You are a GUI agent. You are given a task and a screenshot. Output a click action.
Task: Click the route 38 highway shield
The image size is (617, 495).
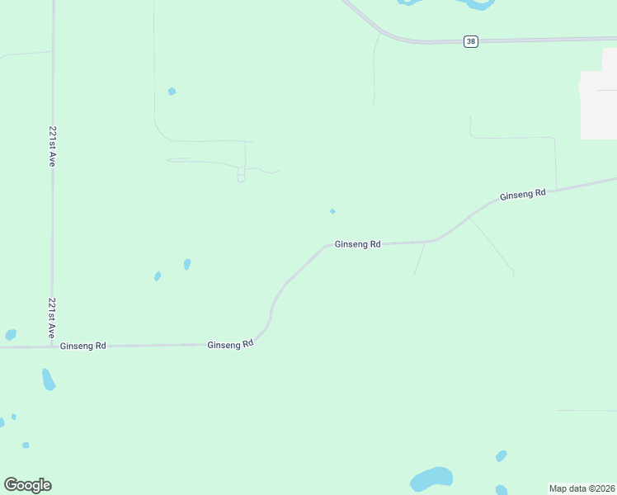[470, 41]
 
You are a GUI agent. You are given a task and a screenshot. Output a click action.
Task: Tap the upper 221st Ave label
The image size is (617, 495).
[52, 147]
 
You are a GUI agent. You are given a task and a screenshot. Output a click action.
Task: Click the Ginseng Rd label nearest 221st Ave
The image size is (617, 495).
[82, 346]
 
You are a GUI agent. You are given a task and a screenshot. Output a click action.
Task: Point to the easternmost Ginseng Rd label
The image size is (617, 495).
[523, 194]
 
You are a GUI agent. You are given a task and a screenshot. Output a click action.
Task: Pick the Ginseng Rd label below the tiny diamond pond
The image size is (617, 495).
[357, 244]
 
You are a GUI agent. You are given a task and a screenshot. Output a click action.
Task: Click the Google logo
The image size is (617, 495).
[27, 485]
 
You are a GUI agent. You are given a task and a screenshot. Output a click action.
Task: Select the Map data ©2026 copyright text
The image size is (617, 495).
[582, 488]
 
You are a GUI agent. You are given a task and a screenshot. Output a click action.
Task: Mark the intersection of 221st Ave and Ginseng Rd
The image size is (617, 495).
[53, 346]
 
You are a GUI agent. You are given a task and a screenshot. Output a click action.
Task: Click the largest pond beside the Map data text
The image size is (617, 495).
[431, 478]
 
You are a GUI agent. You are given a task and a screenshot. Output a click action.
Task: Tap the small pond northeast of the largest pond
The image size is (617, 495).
[501, 455]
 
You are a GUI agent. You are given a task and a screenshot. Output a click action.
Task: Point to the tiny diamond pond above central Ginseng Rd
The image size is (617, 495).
[332, 211]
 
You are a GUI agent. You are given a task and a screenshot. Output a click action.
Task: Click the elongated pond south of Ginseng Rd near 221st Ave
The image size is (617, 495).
[49, 379]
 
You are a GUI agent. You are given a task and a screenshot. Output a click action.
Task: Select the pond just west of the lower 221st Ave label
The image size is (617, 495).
[11, 335]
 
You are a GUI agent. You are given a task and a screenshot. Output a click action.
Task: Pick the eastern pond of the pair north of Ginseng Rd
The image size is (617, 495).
[187, 265]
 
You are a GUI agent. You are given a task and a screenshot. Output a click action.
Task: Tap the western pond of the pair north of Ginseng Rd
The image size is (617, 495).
[157, 276]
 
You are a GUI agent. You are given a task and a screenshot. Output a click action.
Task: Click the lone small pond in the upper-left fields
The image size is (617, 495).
[172, 92]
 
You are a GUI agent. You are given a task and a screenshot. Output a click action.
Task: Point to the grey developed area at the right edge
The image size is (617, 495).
[599, 106]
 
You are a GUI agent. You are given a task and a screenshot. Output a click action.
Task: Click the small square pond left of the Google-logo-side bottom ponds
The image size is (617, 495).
[26, 445]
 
